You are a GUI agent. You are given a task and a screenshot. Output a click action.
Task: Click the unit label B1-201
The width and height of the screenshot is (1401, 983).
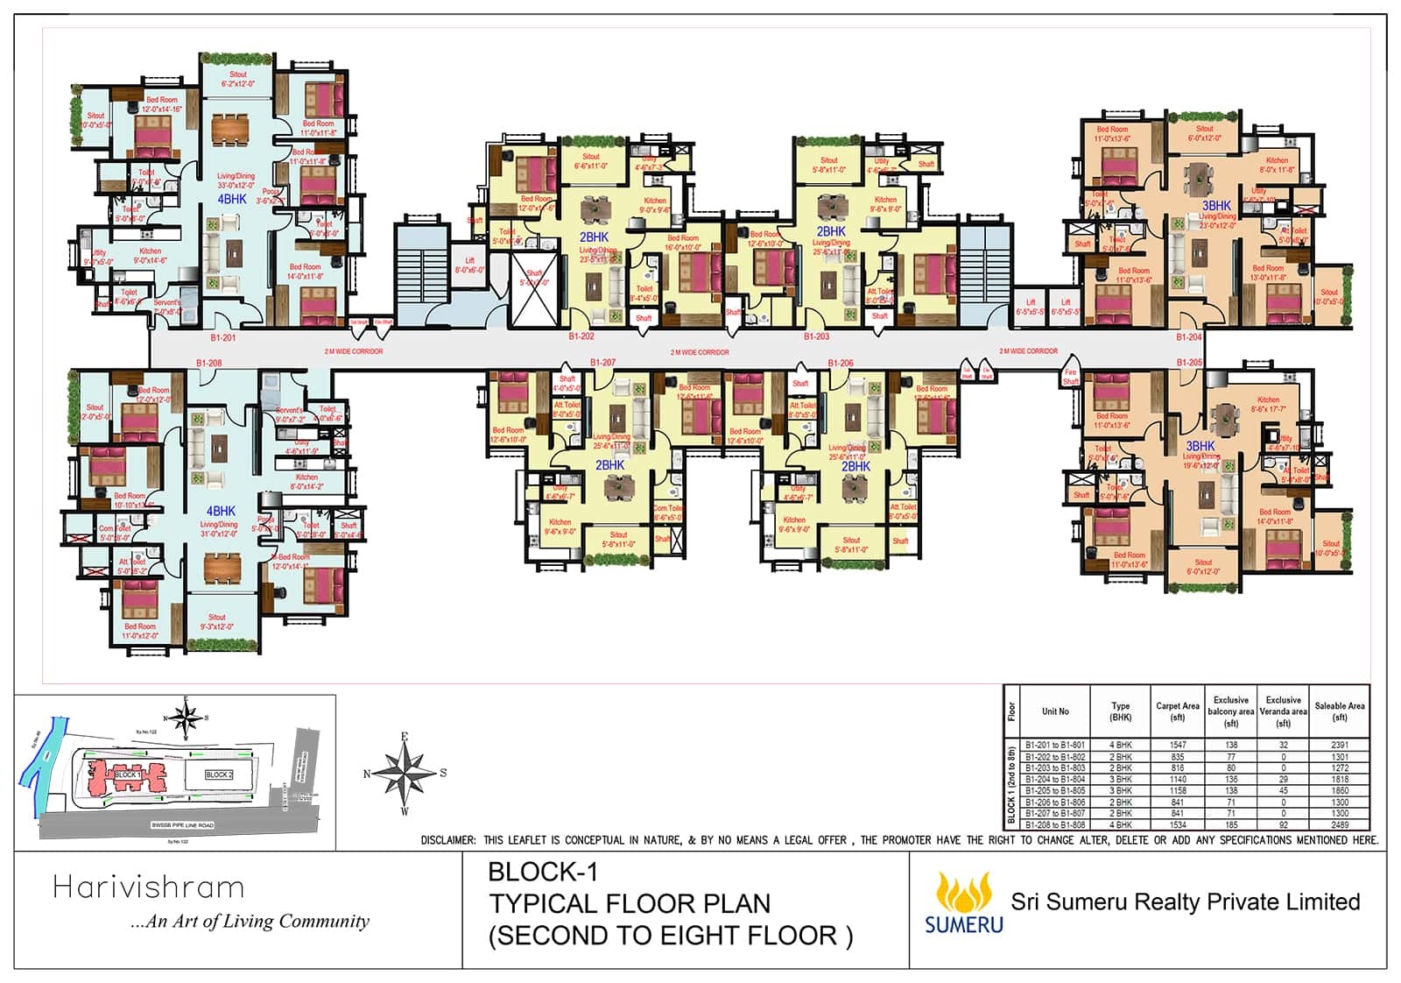(x=222, y=337)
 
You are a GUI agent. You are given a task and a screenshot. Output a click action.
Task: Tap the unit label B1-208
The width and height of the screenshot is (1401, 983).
(x=209, y=363)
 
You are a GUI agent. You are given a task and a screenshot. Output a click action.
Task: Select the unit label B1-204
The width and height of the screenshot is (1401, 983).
(x=1188, y=337)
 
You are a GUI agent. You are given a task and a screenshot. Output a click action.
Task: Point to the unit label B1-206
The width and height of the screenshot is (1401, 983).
(x=841, y=363)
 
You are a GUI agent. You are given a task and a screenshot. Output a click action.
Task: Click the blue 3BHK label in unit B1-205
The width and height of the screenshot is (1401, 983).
(x=1200, y=446)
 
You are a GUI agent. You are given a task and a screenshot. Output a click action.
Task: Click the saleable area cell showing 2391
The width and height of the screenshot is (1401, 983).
(x=1339, y=745)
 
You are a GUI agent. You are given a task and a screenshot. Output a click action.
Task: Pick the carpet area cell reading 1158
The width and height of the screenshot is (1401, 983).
(x=1177, y=790)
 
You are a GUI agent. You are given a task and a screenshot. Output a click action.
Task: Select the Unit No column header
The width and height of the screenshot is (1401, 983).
(x=1055, y=711)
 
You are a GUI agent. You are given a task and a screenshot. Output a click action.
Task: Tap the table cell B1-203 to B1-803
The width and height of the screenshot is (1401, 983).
(x=1055, y=767)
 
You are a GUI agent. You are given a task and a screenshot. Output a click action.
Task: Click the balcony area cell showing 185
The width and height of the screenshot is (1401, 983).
(x=1230, y=824)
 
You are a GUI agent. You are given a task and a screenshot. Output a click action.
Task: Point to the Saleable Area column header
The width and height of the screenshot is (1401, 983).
(x=1339, y=711)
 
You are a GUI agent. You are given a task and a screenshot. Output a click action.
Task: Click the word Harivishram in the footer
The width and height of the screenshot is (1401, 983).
(x=148, y=888)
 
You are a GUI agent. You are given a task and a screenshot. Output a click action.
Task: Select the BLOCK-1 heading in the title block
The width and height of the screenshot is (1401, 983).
(x=542, y=873)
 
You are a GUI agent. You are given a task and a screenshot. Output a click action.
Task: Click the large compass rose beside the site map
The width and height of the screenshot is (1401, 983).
(x=405, y=773)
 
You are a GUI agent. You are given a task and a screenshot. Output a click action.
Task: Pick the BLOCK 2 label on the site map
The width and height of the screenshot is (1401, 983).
(x=219, y=774)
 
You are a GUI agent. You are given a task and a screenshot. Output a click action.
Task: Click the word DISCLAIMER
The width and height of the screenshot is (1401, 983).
(x=447, y=840)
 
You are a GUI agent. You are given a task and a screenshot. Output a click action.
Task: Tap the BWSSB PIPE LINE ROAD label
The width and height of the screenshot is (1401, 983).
(x=182, y=825)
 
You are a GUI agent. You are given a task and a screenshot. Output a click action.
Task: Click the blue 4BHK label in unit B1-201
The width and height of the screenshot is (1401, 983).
(x=232, y=200)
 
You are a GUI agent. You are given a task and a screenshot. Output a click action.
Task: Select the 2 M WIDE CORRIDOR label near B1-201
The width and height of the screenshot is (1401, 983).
(x=353, y=351)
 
